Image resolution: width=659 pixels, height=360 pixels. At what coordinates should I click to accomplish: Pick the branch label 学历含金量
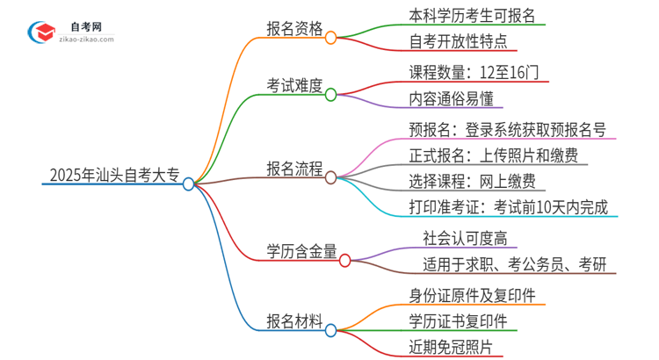pyautogui.click(x=301, y=252)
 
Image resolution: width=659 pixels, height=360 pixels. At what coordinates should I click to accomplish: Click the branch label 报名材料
pyautogui.click(x=294, y=321)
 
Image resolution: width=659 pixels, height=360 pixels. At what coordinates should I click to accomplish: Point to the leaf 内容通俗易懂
pyautogui.click(x=449, y=99)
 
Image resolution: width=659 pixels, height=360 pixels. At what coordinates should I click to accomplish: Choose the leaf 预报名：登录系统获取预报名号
pyautogui.click(x=507, y=129)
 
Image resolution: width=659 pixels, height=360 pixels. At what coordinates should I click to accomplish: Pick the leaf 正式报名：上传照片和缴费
pyautogui.click(x=493, y=155)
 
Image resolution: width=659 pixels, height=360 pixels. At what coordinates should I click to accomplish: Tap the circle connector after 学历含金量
pyautogui.click(x=345, y=260)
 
